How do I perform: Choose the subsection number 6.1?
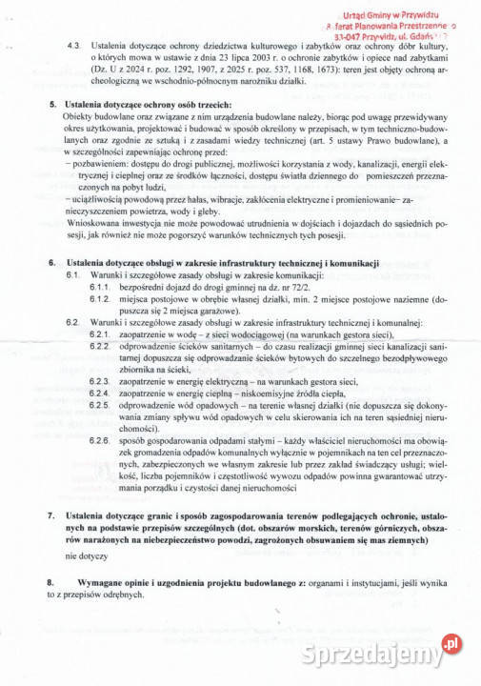[x=73, y=274]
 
